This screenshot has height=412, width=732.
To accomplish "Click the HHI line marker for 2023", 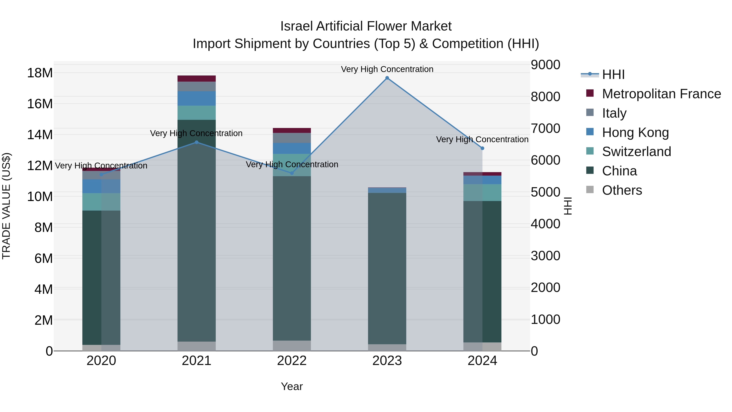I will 387,78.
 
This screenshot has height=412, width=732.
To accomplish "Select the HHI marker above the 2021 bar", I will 196,142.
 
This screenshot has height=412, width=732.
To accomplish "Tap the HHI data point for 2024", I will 482,148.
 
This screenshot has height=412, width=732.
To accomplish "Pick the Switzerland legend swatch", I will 590,151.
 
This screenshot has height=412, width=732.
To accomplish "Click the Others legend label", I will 622,190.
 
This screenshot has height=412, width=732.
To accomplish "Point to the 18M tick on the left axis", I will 40,73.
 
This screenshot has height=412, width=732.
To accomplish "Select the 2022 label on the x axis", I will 292,361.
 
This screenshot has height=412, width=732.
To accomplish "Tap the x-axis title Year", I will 292,386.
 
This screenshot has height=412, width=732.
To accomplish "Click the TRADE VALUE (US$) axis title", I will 6,206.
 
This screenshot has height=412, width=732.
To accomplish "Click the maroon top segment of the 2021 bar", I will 196,79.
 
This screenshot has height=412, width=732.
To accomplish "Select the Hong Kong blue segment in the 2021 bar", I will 196,98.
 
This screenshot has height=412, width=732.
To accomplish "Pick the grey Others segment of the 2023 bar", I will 387,348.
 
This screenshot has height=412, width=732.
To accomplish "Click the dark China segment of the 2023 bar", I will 387,267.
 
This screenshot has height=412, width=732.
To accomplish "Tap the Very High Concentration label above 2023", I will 387,69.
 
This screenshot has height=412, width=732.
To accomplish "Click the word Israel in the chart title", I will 297,26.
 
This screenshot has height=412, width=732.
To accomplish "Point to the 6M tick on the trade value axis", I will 43,258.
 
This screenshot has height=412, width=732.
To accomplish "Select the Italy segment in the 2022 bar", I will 292,138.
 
